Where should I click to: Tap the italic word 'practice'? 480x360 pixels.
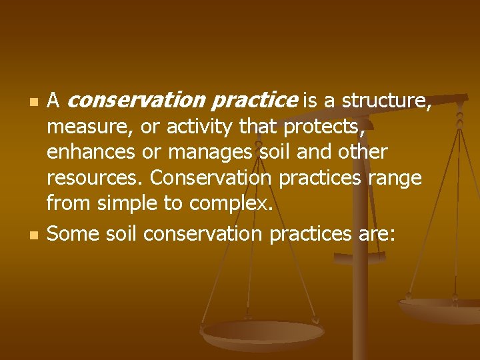[255, 101]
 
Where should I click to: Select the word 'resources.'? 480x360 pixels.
[96, 179]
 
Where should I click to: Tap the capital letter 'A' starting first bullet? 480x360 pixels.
[55, 101]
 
